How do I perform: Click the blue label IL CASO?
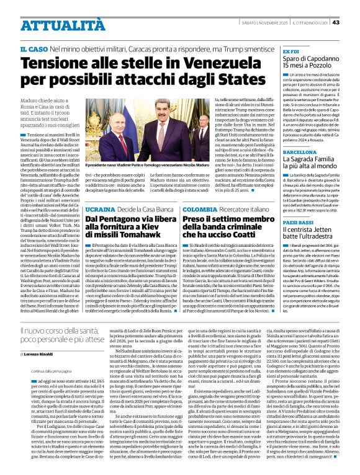tap(31, 49)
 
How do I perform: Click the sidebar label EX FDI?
tap(291, 51)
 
